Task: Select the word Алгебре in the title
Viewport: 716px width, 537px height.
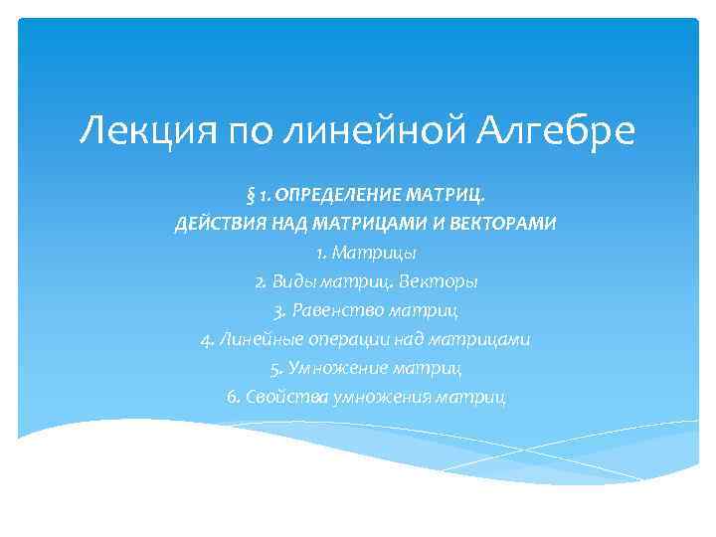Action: [555, 129]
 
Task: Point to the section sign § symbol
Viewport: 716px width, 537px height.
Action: [238, 192]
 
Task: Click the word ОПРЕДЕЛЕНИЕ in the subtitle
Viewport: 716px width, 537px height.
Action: [315, 192]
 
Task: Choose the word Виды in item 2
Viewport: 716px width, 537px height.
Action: [291, 281]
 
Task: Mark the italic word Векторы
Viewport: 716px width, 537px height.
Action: [437, 281]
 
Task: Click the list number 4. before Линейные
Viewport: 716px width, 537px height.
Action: [207, 340]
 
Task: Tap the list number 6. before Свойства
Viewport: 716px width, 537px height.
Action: [234, 398]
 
